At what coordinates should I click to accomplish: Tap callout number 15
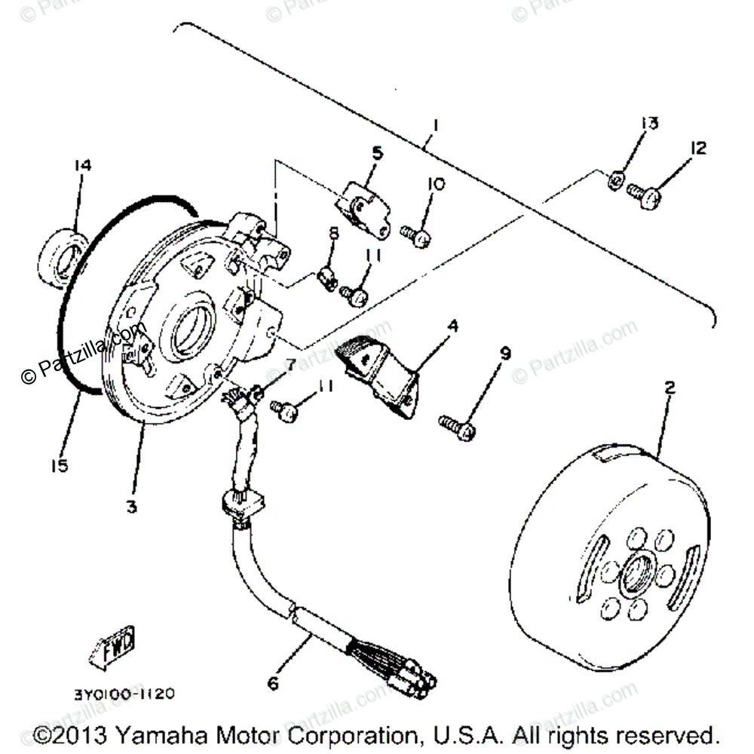[60, 466]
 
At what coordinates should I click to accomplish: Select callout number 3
[132, 507]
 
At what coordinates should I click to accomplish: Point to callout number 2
[670, 389]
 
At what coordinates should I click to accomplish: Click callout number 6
[272, 685]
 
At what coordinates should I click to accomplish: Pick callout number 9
[505, 354]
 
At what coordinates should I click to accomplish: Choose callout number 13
[650, 123]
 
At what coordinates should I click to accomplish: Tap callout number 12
[698, 149]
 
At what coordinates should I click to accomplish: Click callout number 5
[377, 153]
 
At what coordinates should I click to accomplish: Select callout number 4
[452, 327]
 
